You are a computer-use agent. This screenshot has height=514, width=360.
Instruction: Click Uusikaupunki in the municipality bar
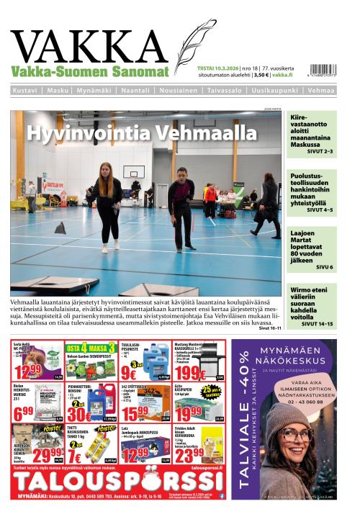272,91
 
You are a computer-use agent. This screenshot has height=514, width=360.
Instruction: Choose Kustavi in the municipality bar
27,91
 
